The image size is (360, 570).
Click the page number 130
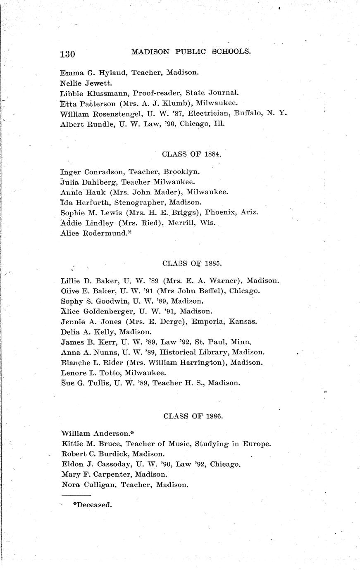pyautogui.click(x=67, y=54)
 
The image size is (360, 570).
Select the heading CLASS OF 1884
pyautogui.click(x=192, y=154)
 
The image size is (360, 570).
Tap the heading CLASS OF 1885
pyautogui.click(x=192, y=263)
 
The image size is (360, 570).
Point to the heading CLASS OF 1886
pyautogui.click(x=193, y=416)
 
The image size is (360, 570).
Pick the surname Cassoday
pyautogui.click(x=105, y=464)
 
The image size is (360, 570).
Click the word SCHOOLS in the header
pyautogui.click(x=231, y=52)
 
